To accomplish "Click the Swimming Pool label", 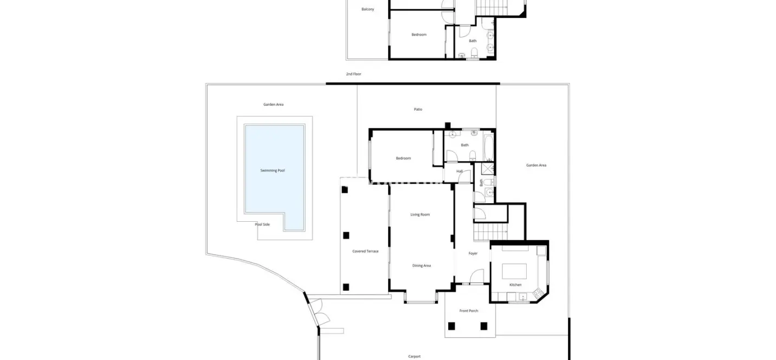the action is [x=272, y=170].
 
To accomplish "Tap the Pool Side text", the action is [x=262, y=224].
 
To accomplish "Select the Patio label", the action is [x=418, y=110].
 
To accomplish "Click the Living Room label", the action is [x=420, y=215].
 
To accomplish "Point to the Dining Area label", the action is [x=422, y=266].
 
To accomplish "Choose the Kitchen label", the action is [x=515, y=285].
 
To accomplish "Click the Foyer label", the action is [x=473, y=254].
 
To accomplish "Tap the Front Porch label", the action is [x=469, y=311].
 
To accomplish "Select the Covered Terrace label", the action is [x=365, y=251].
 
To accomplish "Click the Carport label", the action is [x=415, y=356].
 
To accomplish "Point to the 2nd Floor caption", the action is [x=353, y=74].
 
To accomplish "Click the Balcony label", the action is [x=367, y=9].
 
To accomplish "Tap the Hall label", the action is [x=460, y=171].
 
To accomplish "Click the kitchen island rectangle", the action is [x=514, y=271].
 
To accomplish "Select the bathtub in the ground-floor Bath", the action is [x=488, y=148].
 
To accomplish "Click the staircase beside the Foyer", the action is [x=490, y=232].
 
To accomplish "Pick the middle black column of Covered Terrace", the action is [x=346, y=236].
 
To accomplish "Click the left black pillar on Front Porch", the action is [x=451, y=326].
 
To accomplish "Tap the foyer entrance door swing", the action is [x=477, y=276].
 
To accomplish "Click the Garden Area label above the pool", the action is [x=273, y=105].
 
